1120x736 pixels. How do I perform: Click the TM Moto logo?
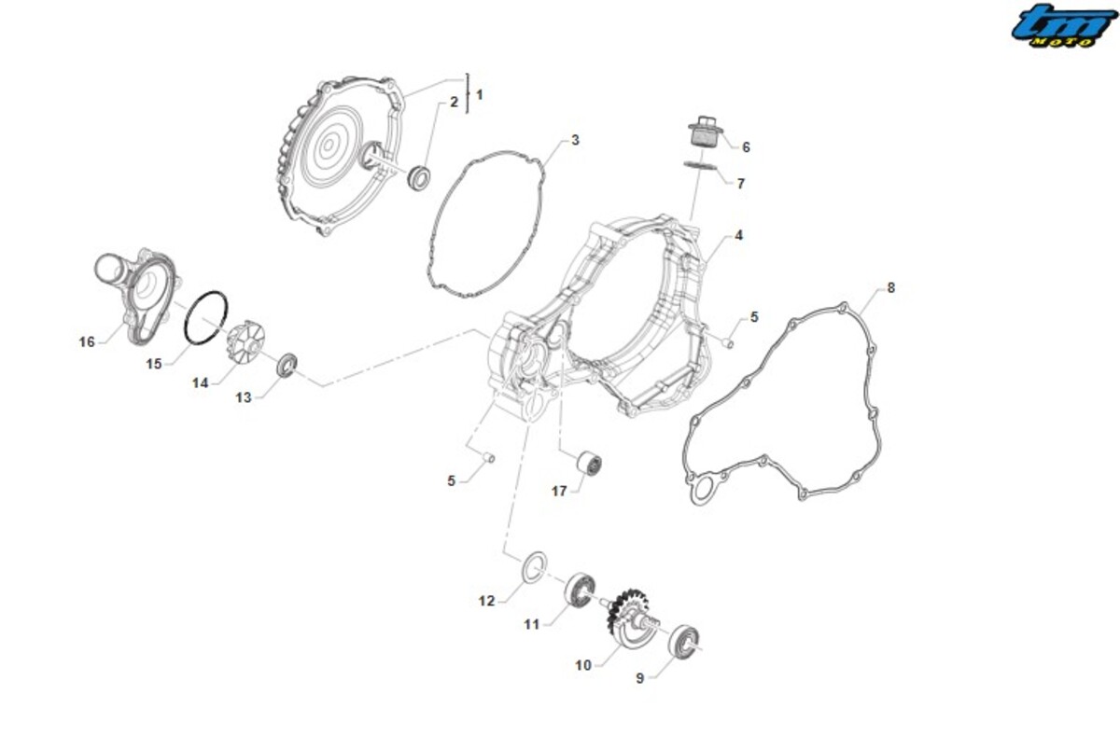1064,26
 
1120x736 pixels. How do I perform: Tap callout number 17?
558,492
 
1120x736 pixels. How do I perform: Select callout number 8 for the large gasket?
890,288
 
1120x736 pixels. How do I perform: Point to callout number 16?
87,341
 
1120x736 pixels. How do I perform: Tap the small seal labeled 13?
287,366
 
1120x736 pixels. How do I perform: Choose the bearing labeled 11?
580,590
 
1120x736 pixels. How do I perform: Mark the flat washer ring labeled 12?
534,566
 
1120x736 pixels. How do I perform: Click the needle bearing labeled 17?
589,465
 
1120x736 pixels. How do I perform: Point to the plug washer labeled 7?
700,166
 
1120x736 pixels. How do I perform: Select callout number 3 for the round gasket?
575,141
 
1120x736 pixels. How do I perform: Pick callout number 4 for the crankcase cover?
738,235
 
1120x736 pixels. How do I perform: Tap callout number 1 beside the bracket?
480,94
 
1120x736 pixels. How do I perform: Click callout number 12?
486,601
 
